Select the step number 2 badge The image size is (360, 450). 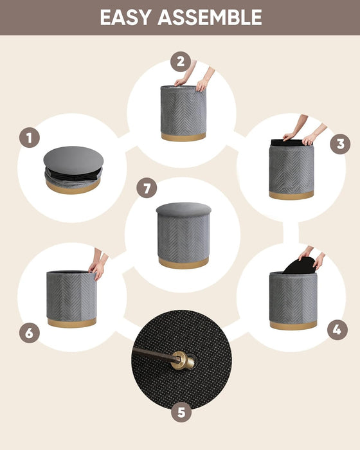point(181,62)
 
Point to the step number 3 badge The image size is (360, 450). point(340,143)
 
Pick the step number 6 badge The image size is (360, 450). point(30,333)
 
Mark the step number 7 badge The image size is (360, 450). point(147,188)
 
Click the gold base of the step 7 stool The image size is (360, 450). point(183,262)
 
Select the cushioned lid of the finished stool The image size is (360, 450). point(183,210)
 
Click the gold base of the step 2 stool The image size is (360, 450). point(183,137)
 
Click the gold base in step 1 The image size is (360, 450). point(72,187)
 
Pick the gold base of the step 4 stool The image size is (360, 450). point(293,325)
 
